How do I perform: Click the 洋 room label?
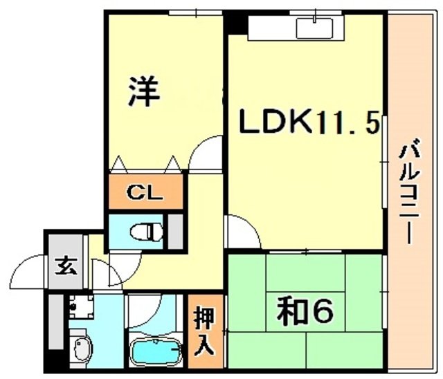(x=143, y=93)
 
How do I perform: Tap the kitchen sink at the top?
(x=314, y=28)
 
